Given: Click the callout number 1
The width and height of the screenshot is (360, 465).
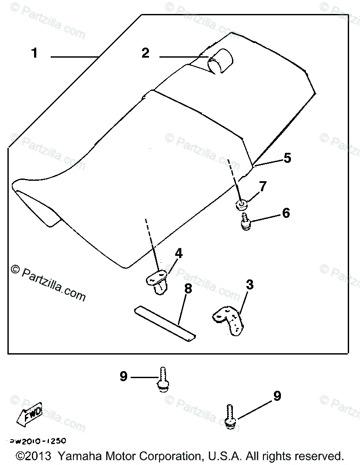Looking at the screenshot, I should pyautogui.click(x=35, y=53).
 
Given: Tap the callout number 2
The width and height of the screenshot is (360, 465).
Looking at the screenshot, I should pyautogui.click(x=145, y=53).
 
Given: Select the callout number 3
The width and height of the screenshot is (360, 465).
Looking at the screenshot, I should pyautogui.click(x=249, y=285).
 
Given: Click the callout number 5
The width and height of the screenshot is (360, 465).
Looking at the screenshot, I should pyautogui.click(x=287, y=158).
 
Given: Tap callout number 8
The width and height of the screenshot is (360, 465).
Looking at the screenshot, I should pyautogui.click(x=188, y=289).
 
